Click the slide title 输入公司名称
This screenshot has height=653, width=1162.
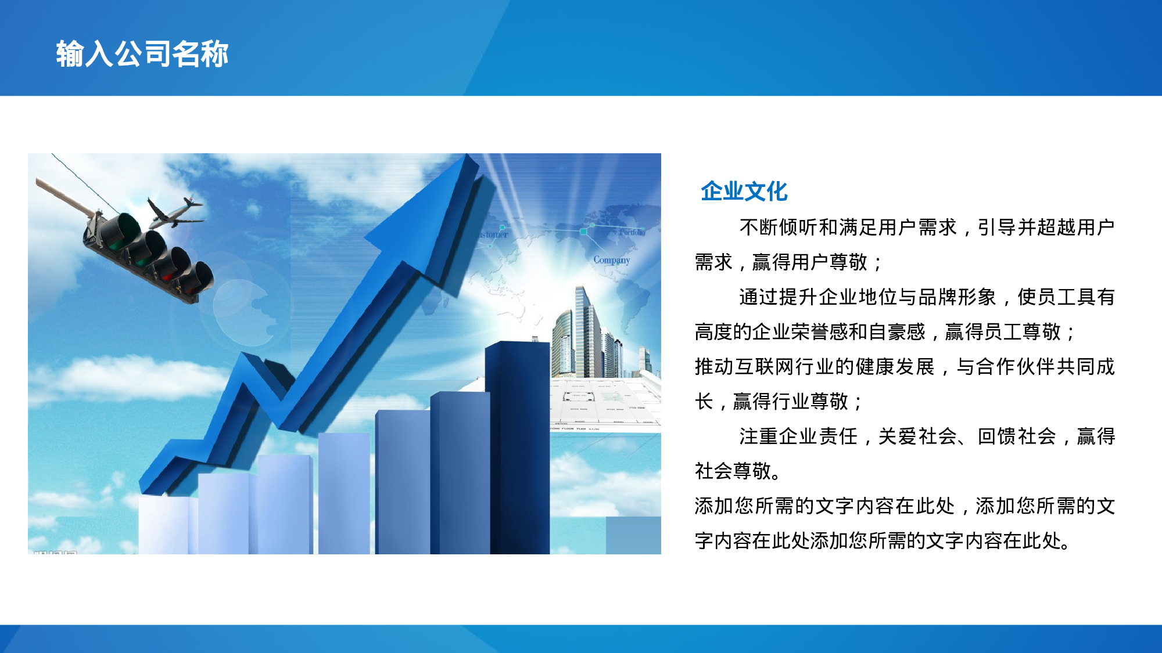[142, 54]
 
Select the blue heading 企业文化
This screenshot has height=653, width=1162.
[744, 191]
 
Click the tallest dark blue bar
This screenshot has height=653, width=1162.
[517, 447]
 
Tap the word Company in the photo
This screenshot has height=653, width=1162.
[611, 260]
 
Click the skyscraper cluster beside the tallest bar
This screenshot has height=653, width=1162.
[587, 337]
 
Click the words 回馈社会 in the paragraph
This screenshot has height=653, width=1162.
[1017, 436]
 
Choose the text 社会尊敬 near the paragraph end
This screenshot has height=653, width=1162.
[733, 471]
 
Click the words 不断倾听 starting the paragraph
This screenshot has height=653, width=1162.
[779, 228]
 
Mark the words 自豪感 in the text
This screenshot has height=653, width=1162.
[897, 332]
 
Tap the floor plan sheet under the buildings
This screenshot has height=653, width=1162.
[604, 403]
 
